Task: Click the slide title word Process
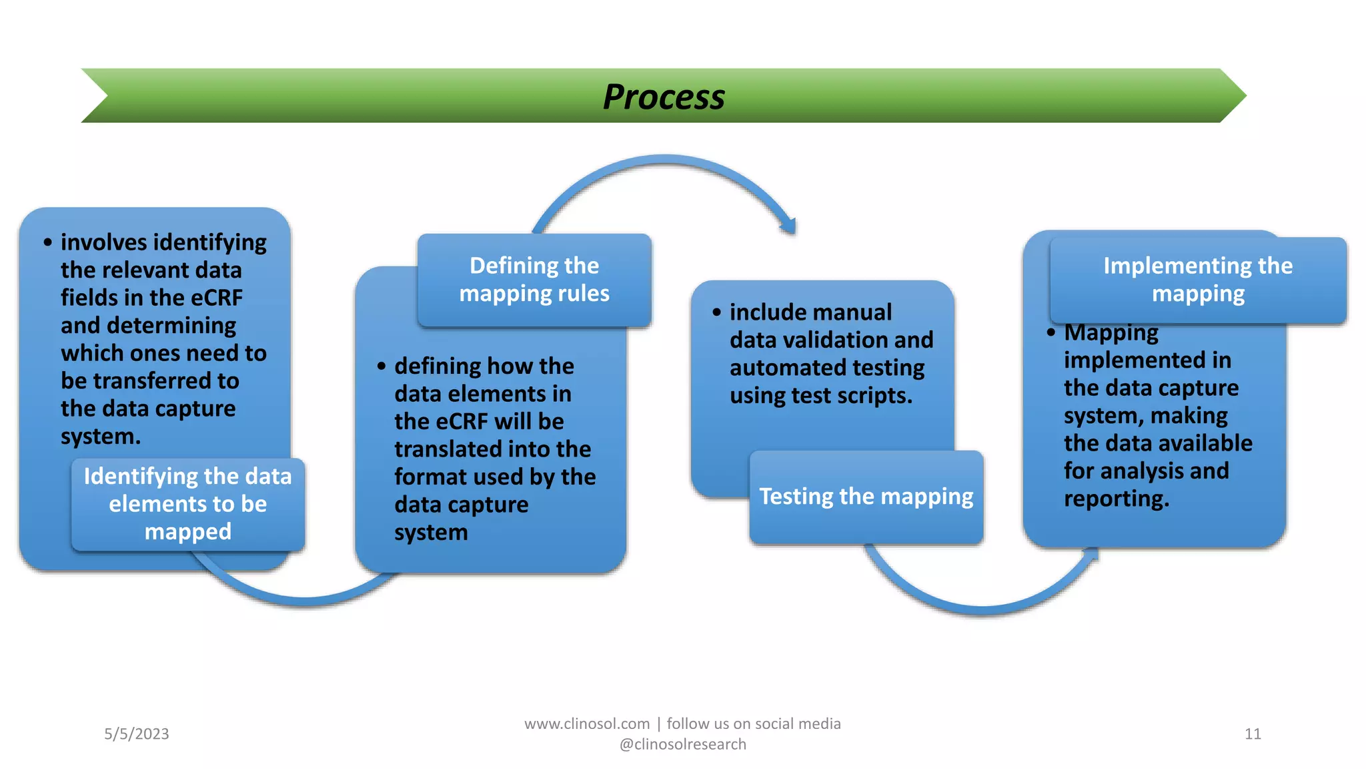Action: click(x=664, y=97)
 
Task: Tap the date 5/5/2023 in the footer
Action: click(x=137, y=734)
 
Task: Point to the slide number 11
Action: click(x=1253, y=734)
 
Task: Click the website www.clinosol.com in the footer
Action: click(x=587, y=724)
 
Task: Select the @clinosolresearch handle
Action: click(x=683, y=744)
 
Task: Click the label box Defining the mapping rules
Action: click(x=534, y=280)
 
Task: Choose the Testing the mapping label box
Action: click(x=866, y=497)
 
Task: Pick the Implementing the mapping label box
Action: click(x=1198, y=280)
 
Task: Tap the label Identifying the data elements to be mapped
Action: click(x=188, y=504)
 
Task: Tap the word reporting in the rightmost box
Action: click(x=1116, y=499)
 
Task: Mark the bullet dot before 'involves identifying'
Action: click(x=47, y=242)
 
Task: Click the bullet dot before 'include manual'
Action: click(x=717, y=312)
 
